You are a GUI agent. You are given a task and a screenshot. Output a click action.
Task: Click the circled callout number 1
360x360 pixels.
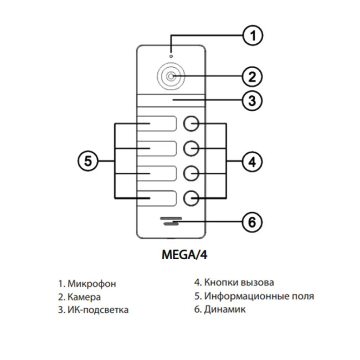(252, 36)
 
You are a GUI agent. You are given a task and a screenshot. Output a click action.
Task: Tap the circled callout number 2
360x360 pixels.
(252, 76)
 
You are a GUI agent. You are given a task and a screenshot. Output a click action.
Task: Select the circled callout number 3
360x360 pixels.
(252, 101)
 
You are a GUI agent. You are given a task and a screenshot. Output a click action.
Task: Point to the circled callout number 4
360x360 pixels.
(252, 162)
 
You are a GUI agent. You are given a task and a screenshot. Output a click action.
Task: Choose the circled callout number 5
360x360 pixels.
(87, 162)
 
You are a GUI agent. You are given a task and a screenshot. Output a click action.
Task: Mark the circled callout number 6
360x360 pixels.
(252, 223)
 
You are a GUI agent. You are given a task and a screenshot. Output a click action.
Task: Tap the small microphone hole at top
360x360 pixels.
(171, 55)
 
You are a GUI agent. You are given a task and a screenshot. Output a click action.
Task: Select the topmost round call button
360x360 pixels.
(191, 124)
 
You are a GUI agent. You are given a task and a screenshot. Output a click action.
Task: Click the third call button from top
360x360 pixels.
(191, 173)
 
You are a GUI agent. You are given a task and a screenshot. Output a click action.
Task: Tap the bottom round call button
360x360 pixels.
(191, 197)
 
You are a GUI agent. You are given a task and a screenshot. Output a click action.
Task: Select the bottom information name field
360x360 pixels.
(157, 198)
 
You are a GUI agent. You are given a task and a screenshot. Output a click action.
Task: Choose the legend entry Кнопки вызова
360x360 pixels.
(239, 282)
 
